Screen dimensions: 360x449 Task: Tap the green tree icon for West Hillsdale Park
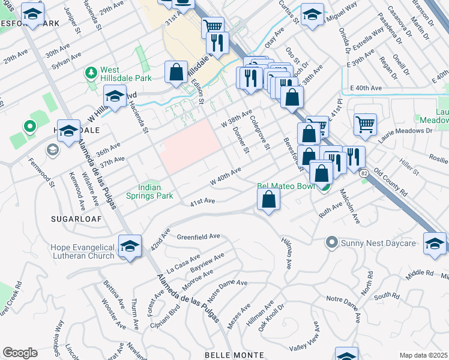[91, 73]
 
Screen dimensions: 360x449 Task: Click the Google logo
[20, 353]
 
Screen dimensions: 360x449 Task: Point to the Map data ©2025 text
[424, 356]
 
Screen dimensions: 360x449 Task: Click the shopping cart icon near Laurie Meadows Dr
[365, 124]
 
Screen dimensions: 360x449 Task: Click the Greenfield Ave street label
[198, 237]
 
